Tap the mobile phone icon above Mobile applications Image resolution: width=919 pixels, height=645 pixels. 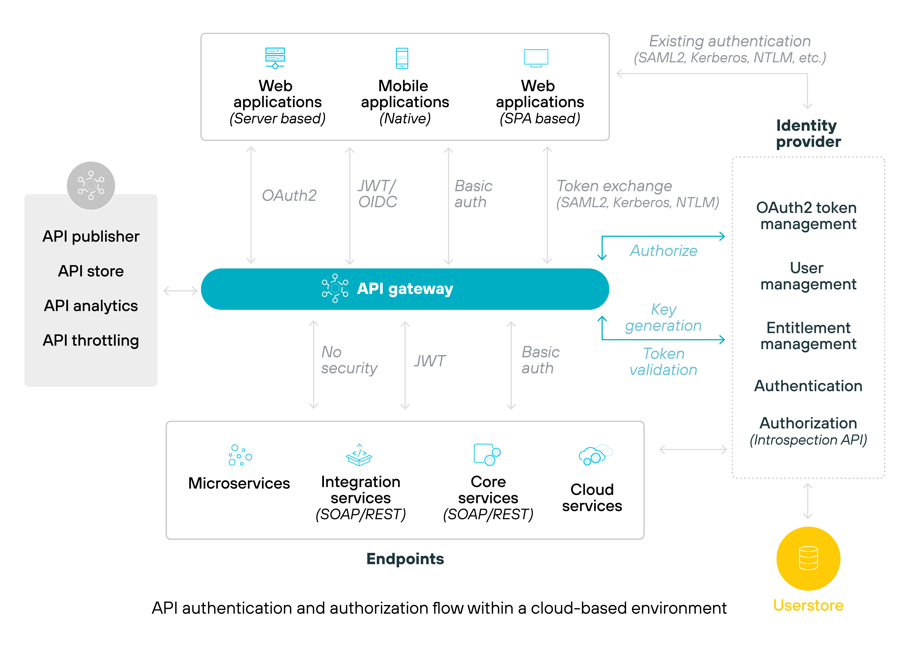point(402,58)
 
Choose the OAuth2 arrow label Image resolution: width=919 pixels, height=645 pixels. point(289,195)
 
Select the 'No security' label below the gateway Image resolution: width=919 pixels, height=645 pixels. point(349,360)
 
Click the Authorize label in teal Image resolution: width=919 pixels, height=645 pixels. point(663,251)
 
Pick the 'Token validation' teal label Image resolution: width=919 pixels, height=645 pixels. point(663,362)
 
